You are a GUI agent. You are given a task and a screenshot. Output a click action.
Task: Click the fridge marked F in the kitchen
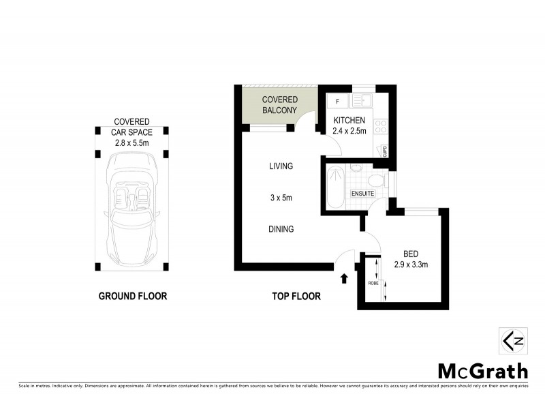click(337, 102)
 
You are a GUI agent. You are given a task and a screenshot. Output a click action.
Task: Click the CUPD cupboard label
click(384, 151)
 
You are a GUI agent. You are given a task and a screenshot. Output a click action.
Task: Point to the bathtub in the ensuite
click(335, 187)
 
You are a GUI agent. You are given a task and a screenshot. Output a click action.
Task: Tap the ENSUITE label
click(362, 194)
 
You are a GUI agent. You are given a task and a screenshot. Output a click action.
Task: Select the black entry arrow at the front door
click(344, 277)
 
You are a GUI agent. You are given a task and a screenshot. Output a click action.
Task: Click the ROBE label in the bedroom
click(373, 282)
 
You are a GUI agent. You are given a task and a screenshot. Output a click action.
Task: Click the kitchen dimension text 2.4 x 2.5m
click(349, 131)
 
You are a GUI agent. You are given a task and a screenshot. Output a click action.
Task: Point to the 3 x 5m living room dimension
click(281, 198)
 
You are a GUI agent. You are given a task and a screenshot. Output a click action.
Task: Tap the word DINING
click(281, 229)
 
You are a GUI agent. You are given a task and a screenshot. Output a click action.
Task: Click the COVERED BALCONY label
click(280, 105)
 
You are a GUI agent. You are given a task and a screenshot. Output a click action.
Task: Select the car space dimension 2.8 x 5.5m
click(132, 144)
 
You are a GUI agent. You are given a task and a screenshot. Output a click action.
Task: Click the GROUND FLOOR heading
click(133, 296)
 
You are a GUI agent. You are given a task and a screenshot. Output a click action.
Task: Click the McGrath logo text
click(482, 372)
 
